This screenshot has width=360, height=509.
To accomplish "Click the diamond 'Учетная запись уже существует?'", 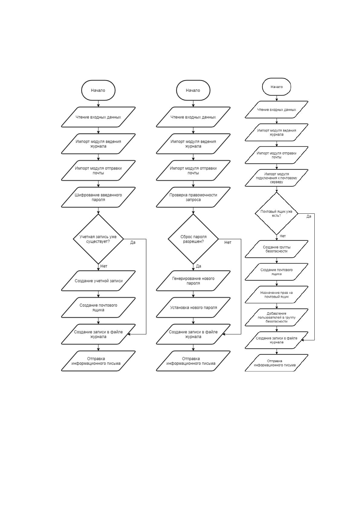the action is [x=98, y=239].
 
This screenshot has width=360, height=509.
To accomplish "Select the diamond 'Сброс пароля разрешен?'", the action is [x=193, y=239].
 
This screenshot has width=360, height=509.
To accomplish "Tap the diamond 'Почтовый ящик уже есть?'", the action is [x=276, y=213].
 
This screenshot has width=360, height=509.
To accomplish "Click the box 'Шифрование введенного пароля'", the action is [x=98, y=197].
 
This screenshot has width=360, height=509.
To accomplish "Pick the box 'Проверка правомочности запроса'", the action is [x=193, y=197].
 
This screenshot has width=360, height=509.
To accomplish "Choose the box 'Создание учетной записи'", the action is [x=98, y=280].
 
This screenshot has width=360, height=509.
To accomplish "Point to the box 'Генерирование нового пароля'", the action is [x=193, y=280].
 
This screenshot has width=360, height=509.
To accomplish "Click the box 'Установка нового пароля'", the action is [x=193, y=307].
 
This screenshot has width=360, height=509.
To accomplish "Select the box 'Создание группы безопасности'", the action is [x=276, y=249].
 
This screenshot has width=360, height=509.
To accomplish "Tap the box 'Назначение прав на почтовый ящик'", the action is [x=276, y=295].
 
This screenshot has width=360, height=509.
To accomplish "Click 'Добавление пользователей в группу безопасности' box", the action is [x=276, y=317].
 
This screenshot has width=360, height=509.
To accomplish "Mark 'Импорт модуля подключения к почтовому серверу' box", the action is [x=276, y=178].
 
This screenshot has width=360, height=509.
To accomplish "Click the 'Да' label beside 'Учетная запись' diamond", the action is [x=133, y=242].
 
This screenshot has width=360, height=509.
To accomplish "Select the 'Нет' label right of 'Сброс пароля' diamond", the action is [x=228, y=242].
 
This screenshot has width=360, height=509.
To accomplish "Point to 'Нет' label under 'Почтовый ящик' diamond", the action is [x=283, y=236].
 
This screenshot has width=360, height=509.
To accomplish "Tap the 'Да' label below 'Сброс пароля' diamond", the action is [x=198, y=266].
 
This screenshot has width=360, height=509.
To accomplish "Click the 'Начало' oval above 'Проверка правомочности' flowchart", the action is [x=193, y=90].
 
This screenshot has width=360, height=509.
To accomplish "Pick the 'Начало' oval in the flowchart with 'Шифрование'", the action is [x=98, y=90].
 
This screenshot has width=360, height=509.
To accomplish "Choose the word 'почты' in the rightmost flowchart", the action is [x=276, y=157].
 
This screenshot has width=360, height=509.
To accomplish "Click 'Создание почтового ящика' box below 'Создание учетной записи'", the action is [x=98, y=307].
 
